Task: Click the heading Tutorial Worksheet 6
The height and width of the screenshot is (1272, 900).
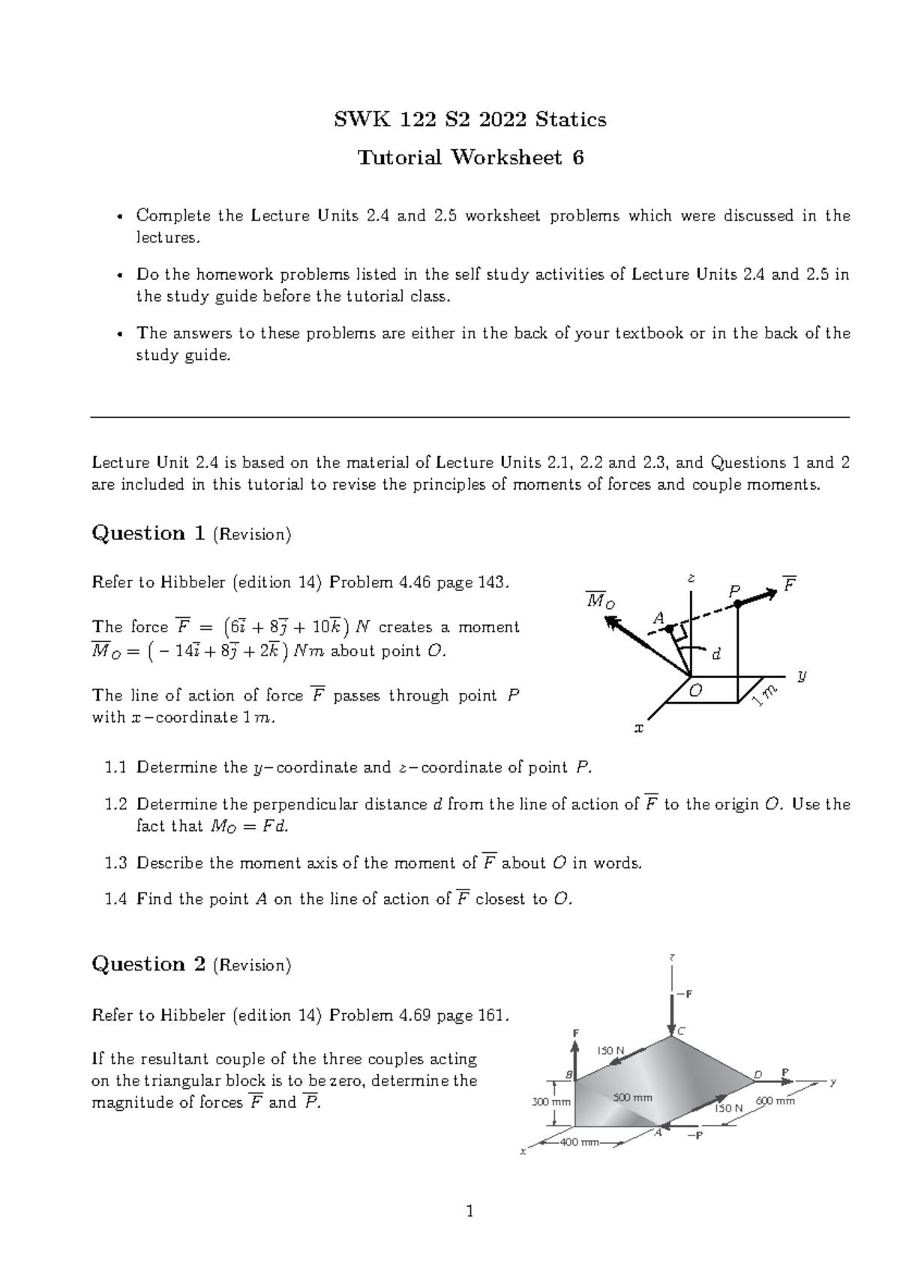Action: [470, 157]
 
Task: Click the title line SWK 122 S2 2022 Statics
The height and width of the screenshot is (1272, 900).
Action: [470, 119]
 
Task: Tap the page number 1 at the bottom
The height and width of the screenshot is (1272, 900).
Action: [470, 1210]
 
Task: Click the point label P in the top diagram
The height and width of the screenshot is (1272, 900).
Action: [734, 592]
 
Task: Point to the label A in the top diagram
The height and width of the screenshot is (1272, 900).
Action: [659, 618]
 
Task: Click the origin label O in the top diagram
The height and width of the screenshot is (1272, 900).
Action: [695, 691]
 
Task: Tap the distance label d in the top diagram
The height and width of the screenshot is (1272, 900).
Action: [715, 655]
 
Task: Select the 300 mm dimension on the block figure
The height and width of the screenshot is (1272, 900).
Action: [551, 1102]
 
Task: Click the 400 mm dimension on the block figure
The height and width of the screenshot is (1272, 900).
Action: [580, 1142]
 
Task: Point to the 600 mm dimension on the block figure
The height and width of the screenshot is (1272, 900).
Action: [775, 1100]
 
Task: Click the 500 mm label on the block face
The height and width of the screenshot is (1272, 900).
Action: [633, 1097]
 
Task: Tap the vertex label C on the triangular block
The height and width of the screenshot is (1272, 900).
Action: [681, 1032]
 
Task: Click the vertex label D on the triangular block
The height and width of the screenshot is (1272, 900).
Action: [757, 1074]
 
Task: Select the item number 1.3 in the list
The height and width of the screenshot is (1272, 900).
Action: [116, 862]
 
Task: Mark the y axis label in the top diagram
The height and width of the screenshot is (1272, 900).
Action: [802, 676]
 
